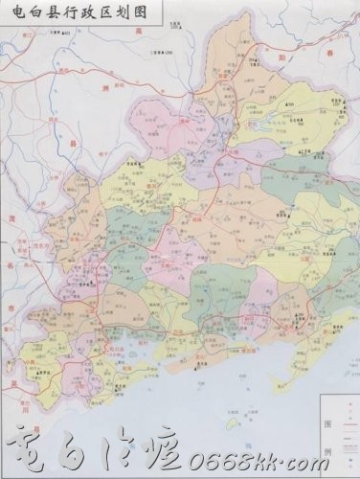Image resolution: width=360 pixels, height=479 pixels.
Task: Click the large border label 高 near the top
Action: [139, 34]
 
